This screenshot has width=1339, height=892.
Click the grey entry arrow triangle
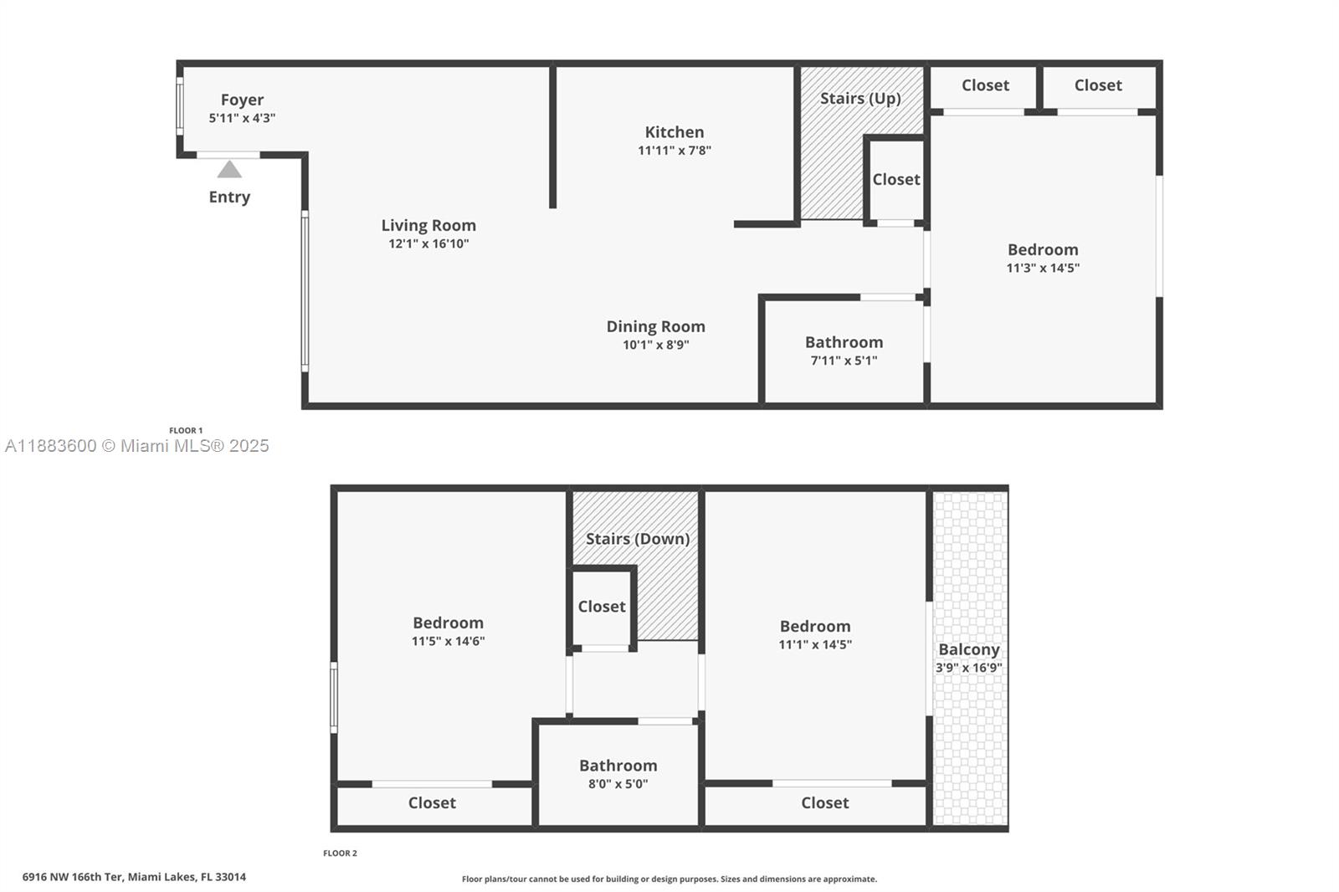(x=229, y=170)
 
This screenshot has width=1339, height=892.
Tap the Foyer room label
(x=242, y=100)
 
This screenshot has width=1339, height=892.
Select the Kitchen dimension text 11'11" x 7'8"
(x=675, y=151)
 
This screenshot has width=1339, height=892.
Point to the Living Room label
(x=428, y=225)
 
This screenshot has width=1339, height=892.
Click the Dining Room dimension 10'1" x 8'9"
(x=655, y=345)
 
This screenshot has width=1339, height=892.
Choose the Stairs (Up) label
(x=860, y=98)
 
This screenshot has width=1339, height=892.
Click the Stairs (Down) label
(x=638, y=539)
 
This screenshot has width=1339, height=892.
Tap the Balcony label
(x=969, y=649)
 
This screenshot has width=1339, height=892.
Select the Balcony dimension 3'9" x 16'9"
(x=969, y=668)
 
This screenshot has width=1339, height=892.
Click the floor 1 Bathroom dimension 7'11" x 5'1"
(x=844, y=361)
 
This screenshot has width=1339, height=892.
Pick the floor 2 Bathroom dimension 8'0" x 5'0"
(x=618, y=784)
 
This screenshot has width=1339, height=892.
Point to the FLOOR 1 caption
(x=186, y=431)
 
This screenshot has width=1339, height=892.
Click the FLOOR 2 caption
(x=340, y=854)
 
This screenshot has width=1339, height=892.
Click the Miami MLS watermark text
(x=137, y=446)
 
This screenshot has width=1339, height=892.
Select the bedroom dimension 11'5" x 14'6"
(x=448, y=641)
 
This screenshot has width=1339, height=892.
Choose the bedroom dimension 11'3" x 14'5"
(x=1043, y=268)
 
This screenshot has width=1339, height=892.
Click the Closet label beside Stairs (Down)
(x=602, y=607)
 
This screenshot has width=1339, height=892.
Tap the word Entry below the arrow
(x=229, y=197)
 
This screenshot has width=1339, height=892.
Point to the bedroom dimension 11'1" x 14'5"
(x=815, y=644)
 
